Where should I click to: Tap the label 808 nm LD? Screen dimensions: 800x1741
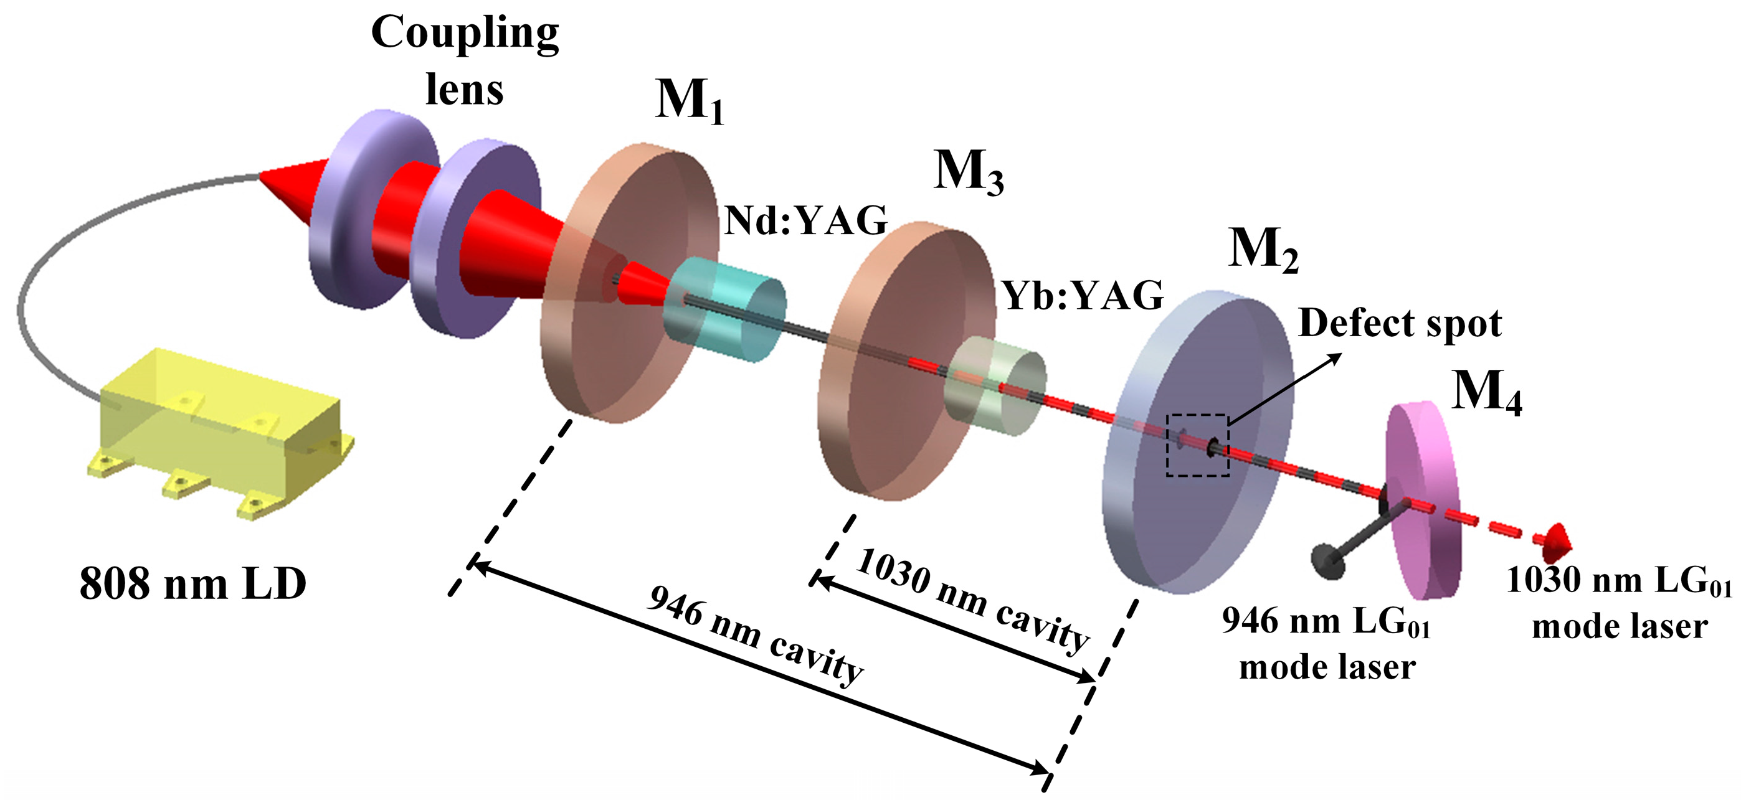[x=193, y=583]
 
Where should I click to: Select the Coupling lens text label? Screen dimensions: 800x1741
[x=465, y=61]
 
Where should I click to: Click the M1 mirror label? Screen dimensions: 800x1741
[x=690, y=101]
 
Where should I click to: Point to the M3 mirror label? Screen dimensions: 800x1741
[x=968, y=172]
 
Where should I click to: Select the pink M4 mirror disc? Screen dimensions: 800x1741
[x=1423, y=500]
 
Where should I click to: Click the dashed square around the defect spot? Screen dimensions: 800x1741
[x=1197, y=445]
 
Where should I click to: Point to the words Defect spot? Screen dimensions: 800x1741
[x=1400, y=323]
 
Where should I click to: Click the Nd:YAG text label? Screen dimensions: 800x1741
[x=805, y=220]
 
